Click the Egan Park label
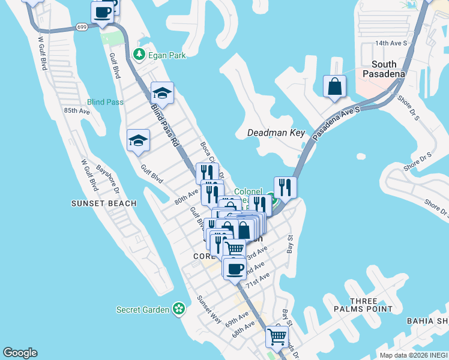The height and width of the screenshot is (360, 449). tap(168, 55)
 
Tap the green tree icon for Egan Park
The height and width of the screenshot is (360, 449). tap(139, 55)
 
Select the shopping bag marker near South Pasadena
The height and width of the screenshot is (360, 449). tap(335, 86)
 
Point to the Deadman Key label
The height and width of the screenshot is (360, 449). tap(277, 133)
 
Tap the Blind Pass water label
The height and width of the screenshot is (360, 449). tap(105, 102)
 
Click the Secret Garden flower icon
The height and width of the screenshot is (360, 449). tap(178, 309)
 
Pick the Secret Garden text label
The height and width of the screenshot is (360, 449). tap(143, 310)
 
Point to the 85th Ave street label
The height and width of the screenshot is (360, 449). tap(77, 111)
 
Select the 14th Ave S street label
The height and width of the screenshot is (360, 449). tap(391, 43)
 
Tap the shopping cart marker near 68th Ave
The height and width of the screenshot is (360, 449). tap(277, 337)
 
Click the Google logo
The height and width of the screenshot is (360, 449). tap(20, 353)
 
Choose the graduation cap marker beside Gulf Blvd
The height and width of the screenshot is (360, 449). tap(139, 141)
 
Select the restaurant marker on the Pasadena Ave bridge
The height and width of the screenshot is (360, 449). tap(285, 187)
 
